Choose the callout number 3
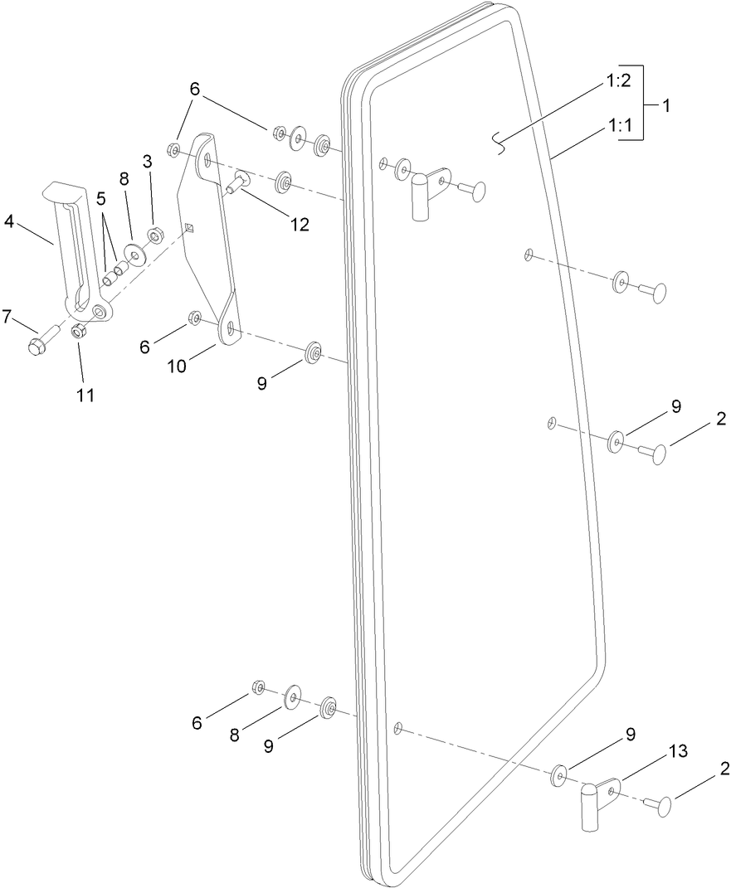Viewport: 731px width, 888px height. click(x=148, y=163)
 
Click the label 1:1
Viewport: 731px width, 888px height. click(x=618, y=126)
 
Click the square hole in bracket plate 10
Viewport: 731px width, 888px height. click(x=190, y=228)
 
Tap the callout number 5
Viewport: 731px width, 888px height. click(x=101, y=198)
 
